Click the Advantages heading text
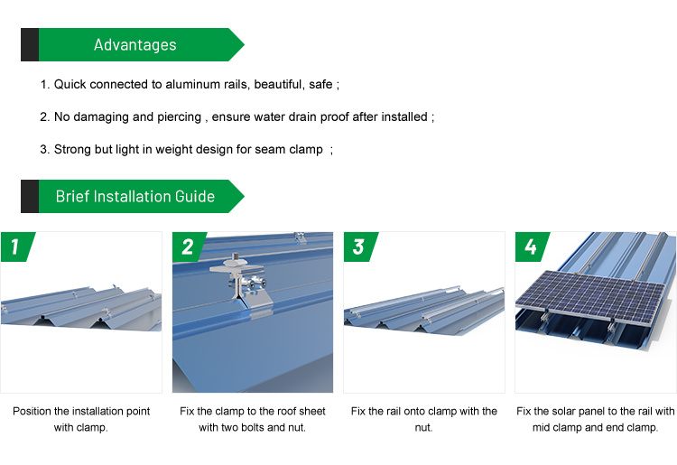pyautogui.click(x=135, y=45)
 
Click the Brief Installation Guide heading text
pyautogui.click(x=135, y=197)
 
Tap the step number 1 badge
pyautogui.click(x=17, y=247)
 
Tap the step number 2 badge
pyautogui.click(x=189, y=247)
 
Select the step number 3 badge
pyautogui.click(x=360, y=247)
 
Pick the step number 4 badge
pyautogui.click(x=532, y=247)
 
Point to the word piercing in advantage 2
pyautogui.click(x=180, y=117)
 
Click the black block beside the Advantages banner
pyautogui.click(x=30, y=44)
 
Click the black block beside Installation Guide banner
pyautogui.click(x=30, y=197)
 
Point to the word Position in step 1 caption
pyautogui.click(x=32, y=411)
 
